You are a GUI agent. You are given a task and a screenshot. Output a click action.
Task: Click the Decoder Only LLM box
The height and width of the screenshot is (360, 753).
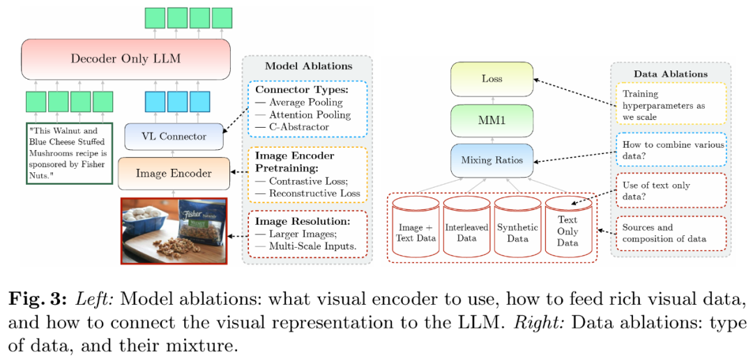125,59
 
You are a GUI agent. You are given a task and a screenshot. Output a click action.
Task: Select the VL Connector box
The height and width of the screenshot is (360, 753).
174,136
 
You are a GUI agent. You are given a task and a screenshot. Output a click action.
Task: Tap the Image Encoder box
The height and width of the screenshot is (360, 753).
174,173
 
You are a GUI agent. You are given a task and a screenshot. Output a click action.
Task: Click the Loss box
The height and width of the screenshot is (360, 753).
492,78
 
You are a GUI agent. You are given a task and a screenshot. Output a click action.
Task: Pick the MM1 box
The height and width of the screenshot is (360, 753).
492,119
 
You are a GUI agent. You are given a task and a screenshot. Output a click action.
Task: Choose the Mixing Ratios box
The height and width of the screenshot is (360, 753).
492,160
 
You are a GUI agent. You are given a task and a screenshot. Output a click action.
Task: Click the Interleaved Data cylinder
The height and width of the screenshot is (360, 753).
467,227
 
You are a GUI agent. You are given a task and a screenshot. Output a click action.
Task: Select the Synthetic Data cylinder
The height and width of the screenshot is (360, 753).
517,227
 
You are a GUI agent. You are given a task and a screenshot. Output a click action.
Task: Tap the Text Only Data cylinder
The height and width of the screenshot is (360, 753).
568,227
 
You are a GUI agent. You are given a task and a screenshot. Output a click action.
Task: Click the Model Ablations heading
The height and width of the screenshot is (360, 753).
308,66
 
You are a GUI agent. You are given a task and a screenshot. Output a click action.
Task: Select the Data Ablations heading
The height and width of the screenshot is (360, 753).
670,74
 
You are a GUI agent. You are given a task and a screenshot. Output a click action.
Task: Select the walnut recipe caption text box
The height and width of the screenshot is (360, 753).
68,153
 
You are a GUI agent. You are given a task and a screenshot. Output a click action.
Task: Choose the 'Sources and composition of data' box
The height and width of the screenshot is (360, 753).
670,233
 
